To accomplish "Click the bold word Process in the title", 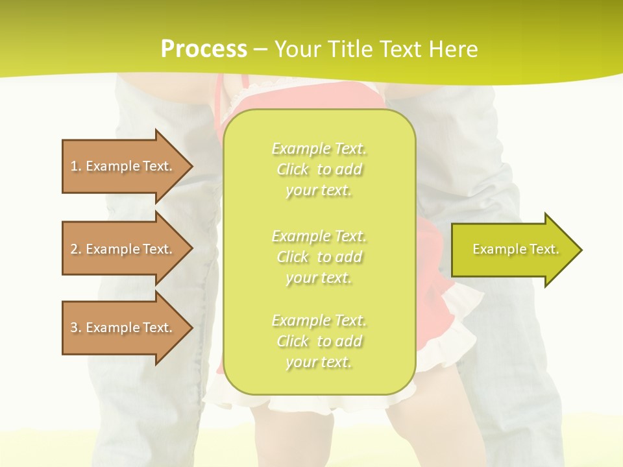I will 204,49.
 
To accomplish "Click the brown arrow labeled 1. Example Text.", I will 123,166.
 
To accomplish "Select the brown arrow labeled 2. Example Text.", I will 123,249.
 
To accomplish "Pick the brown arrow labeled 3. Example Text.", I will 123,328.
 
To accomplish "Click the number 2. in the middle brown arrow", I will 76,249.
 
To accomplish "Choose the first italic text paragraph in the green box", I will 319,169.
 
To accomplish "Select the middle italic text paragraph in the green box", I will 319,257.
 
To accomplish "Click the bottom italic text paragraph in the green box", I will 319,341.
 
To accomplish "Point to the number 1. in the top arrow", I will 76,166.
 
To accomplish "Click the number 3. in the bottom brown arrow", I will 76,328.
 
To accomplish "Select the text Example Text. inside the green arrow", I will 515,249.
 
